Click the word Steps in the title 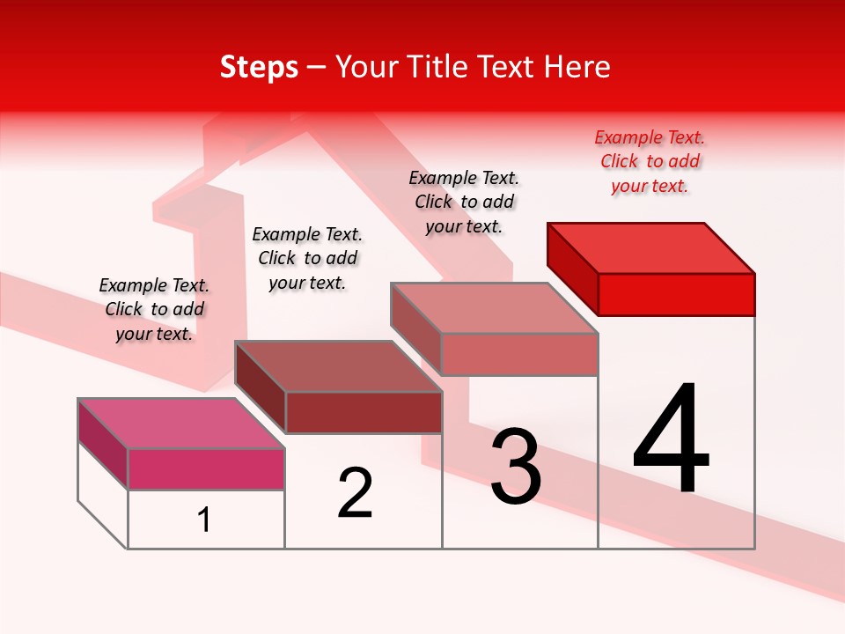(259, 67)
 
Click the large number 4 (672, 440)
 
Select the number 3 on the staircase (516, 468)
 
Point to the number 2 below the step (356, 493)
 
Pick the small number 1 (204, 520)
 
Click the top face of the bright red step (651, 247)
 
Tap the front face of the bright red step (676, 294)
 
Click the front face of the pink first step (206, 468)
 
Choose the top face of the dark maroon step (338, 365)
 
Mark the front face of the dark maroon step (363, 412)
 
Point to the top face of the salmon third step (495, 308)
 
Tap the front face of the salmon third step (519, 354)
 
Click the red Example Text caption (650, 162)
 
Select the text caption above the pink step (154, 310)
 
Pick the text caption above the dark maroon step (307, 259)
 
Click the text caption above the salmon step (464, 203)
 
